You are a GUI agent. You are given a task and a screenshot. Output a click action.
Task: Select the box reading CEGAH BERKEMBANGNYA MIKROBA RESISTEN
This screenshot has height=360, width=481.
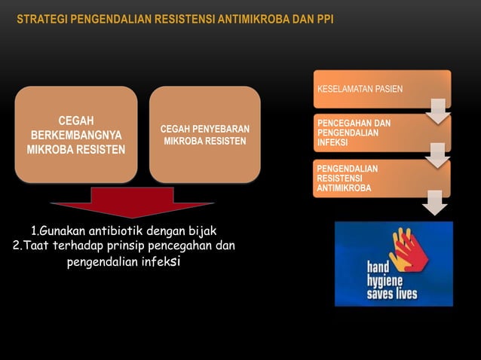tap(76, 134)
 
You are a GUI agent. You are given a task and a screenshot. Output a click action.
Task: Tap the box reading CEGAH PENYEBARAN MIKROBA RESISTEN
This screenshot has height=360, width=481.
tap(204, 134)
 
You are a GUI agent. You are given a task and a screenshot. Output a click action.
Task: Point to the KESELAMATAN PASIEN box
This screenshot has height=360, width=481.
tap(381, 89)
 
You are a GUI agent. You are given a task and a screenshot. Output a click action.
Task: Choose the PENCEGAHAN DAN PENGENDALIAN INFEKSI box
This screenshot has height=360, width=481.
tap(381, 132)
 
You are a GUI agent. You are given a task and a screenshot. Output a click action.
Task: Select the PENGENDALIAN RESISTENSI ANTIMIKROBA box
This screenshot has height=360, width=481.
tap(381, 178)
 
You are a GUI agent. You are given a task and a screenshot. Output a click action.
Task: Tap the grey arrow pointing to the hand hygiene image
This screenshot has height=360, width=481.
tap(435, 203)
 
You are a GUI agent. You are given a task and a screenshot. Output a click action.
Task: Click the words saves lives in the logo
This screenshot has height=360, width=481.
tap(392, 293)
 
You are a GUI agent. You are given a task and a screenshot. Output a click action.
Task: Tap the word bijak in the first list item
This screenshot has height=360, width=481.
tap(201, 230)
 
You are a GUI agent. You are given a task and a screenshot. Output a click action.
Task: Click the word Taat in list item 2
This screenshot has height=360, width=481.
tap(41, 246)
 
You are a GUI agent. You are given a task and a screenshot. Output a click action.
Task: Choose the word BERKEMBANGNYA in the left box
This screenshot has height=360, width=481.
tap(76, 134)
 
